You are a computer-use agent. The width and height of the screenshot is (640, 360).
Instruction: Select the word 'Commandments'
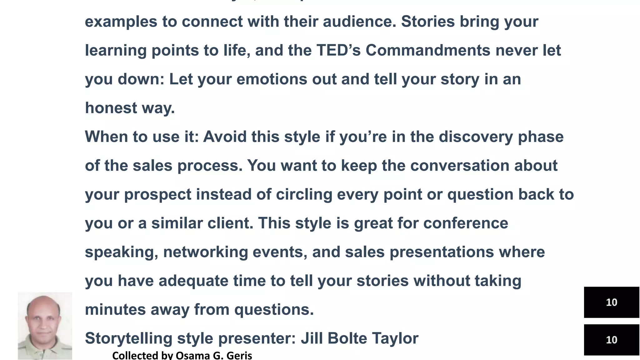[428, 51]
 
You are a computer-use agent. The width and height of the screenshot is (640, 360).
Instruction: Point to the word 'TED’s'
[338, 51]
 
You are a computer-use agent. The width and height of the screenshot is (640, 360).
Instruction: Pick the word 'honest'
[111, 108]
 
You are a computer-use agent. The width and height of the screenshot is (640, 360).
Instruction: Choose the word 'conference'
[466, 223]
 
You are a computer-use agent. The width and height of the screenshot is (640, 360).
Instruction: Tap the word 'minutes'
[115, 310]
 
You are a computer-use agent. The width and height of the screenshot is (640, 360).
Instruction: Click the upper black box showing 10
[611, 302]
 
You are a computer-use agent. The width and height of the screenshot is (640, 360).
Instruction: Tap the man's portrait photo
[45, 326]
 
